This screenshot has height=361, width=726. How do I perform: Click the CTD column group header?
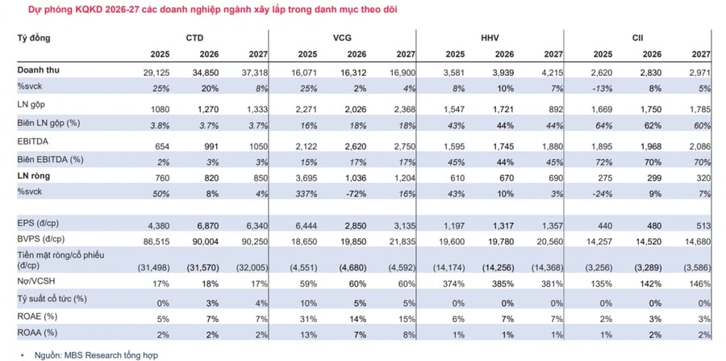194,38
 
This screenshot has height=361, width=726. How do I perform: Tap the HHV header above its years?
490,38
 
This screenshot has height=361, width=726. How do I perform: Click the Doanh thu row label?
39,70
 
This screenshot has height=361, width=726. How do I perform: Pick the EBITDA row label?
34,141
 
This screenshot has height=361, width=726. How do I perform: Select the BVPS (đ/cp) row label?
41,240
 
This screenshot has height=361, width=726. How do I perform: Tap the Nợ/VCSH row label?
36,281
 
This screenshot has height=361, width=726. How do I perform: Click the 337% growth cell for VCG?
307,192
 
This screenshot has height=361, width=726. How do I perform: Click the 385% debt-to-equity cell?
504,283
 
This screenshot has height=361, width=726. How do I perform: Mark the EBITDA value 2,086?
700,147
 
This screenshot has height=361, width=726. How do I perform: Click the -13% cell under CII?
603,88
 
